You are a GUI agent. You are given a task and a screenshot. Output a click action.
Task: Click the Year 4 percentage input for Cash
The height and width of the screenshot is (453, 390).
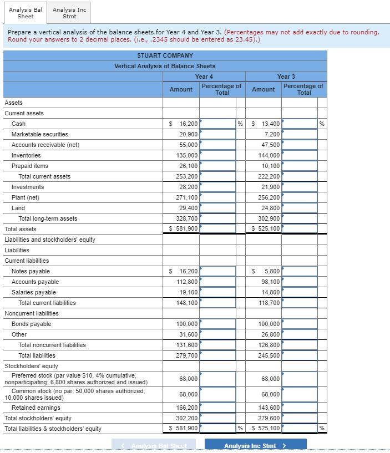point(217,124)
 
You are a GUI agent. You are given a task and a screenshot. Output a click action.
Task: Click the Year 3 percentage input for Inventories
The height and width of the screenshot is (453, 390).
point(300,155)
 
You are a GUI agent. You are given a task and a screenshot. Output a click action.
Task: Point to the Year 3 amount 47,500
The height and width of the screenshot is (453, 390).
point(270,145)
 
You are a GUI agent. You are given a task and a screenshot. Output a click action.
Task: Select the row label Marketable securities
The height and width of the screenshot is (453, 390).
point(40,134)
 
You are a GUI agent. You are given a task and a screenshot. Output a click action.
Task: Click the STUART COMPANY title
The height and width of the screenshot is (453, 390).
point(165,55)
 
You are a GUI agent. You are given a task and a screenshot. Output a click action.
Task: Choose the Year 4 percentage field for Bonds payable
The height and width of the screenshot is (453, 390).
point(217,324)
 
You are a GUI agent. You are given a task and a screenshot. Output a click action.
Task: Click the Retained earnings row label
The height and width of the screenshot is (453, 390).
point(36,408)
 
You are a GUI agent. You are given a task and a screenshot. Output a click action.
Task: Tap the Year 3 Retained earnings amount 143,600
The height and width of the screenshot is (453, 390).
point(270,408)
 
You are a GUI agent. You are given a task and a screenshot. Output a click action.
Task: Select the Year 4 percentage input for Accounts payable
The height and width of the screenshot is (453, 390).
point(217,282)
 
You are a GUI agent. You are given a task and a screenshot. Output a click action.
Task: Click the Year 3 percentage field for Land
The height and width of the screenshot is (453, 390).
point(300,208)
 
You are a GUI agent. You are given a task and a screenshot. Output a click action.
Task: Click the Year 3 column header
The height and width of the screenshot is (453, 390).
point(286,77)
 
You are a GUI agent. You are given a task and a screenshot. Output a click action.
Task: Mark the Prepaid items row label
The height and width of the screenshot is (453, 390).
point(30,166)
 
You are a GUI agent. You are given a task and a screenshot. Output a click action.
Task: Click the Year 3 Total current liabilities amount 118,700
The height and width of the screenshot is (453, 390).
point(270,303)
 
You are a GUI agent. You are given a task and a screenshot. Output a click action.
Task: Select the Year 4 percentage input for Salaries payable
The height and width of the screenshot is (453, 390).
point(217,292)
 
